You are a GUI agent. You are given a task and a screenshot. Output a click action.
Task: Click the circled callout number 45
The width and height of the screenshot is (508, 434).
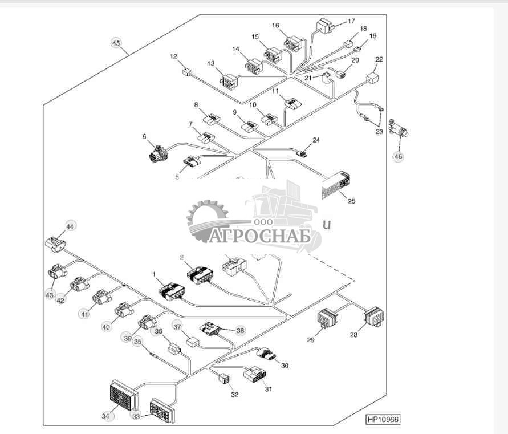116,43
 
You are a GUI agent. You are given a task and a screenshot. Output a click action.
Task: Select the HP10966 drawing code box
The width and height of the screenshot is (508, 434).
383,419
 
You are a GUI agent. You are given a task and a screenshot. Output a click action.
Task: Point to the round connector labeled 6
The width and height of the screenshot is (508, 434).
157,153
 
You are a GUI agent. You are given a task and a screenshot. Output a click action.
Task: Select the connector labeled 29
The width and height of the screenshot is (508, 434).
327,319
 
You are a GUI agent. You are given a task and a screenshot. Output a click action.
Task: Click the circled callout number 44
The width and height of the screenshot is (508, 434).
70,226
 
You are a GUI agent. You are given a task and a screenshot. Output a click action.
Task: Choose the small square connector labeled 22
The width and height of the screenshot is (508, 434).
373,78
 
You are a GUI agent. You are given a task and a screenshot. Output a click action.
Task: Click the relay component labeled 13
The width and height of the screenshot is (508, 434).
229,82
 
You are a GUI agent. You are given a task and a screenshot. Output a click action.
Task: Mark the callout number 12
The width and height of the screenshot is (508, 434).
174,56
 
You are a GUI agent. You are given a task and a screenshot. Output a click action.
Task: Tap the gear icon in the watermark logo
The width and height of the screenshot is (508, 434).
206,217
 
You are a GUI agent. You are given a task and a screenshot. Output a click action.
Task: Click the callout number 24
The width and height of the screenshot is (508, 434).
316,140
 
